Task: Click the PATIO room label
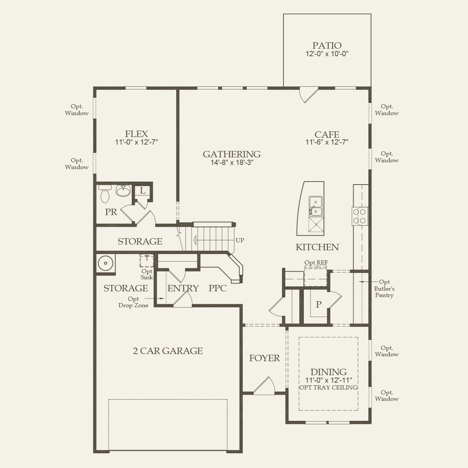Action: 327,46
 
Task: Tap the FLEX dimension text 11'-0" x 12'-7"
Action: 136,142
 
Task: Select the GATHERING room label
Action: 231,154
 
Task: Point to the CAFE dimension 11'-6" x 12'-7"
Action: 327,142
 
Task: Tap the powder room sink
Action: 123,191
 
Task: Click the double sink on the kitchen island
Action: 316,206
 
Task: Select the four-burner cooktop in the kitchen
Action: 359,216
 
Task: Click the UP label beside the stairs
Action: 240,240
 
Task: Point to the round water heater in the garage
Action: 106,263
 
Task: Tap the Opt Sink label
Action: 147,274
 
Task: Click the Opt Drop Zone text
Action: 133,302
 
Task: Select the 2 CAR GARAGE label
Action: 168,351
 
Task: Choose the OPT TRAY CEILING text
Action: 328,388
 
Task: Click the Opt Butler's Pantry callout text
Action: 384,289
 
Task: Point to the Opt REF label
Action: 316,263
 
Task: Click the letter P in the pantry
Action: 319,304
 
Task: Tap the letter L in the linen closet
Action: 143,191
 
